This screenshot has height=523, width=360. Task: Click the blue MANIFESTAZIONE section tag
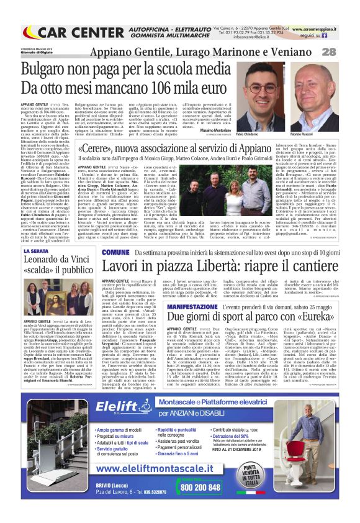coord(210,307)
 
